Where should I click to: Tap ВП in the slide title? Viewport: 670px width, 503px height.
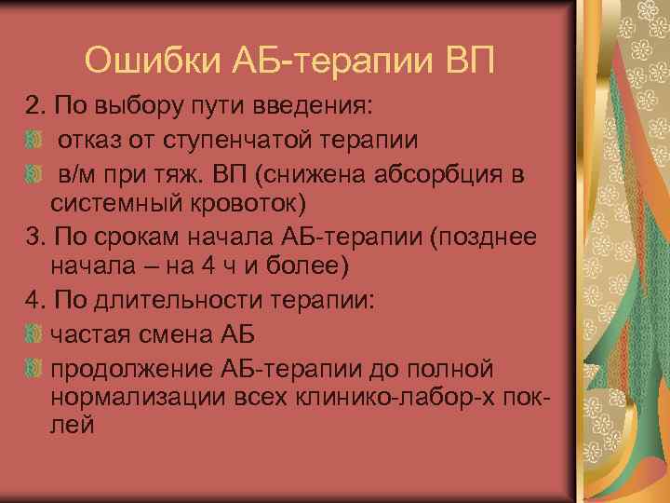pos(471,61)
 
